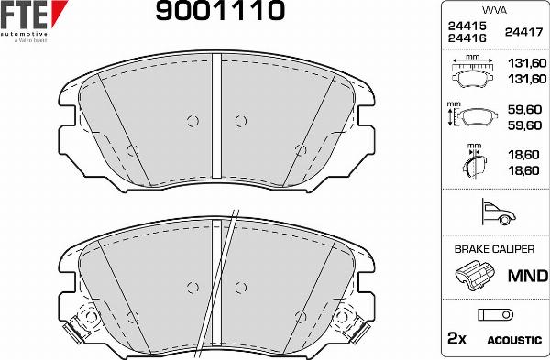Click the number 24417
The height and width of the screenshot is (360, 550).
520,32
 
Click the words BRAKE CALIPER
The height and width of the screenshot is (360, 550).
493,248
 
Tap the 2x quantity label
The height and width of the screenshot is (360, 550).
455,339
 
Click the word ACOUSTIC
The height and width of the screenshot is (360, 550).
513,340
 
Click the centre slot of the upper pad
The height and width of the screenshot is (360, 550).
217,116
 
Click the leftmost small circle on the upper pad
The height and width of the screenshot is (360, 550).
133,149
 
